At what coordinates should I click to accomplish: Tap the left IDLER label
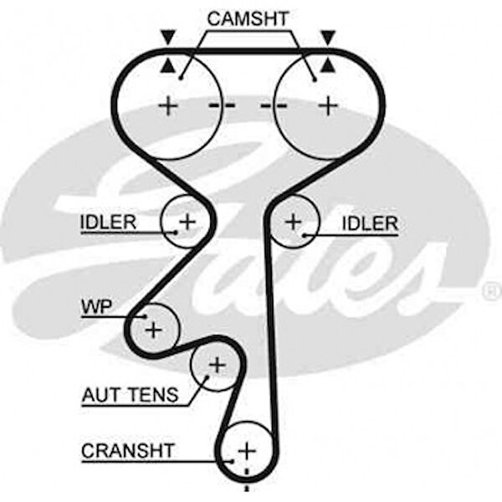coord(108,223)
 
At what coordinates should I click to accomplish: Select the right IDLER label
coord(369,223)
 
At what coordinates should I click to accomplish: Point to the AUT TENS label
coord(130,395)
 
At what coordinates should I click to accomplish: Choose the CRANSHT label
coord(128,451)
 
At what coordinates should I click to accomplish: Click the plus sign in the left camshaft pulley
coord(170,105)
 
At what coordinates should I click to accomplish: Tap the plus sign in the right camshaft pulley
coord(329,105)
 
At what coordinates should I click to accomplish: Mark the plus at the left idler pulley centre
coord(187,221)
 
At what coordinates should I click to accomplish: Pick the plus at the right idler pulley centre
coord(293,222)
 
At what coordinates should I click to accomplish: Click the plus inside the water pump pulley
coord(152,329)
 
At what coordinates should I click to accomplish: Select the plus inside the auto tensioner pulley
coord(217,365)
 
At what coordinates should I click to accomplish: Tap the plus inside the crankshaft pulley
coord(245,451)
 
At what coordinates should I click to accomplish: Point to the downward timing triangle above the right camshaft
coord(328,37)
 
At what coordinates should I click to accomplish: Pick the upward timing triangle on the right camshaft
coord(328,65)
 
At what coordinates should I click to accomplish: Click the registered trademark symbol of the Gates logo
coord(491,291)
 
